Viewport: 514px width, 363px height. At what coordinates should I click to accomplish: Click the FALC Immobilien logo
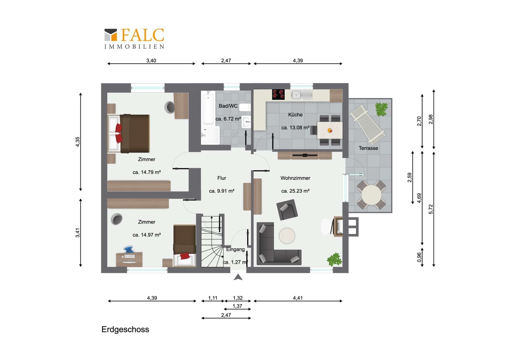[134, 39]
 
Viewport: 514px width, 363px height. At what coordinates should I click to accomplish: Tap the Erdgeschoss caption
[125, 329]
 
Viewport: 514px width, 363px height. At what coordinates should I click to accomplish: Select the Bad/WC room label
[228, 106]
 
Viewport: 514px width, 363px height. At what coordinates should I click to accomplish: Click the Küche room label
[295, 115]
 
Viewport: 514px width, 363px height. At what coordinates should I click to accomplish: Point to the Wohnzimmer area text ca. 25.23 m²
[295, 191]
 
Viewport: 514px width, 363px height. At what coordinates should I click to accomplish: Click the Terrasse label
[368, 148]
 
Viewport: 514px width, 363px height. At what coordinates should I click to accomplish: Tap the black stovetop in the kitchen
[278, 94]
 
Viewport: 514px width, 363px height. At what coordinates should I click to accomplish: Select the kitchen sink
[302, 95]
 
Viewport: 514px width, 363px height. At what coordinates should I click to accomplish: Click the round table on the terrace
[371, 195]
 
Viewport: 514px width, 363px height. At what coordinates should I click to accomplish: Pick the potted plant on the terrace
[381, 109]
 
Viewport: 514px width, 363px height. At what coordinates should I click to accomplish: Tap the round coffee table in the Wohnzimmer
[287, 236]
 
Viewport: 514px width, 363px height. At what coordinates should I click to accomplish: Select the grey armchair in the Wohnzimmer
[287, 210]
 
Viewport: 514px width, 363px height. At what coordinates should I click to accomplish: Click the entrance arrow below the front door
[238, 277]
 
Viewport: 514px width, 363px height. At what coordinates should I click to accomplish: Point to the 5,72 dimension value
[431, 209]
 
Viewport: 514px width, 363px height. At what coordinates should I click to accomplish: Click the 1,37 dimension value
[237, 306]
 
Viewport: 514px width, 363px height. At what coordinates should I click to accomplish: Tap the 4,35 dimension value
[78, 142]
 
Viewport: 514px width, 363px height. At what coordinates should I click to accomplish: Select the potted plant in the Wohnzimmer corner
[334, 259]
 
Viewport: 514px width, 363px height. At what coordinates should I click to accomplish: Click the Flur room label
[222, 178]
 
